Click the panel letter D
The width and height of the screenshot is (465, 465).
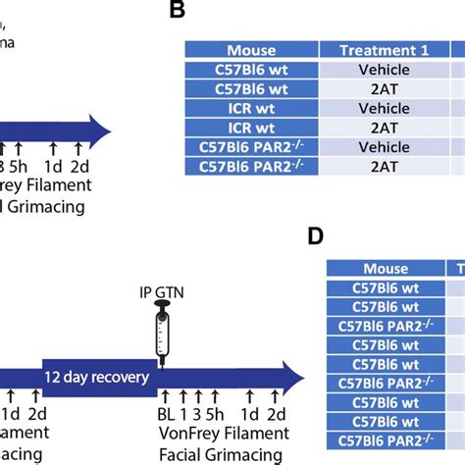click(314, 236)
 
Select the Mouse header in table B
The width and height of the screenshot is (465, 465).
click(251, 50)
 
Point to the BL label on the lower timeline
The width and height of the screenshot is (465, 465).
click(167, 415)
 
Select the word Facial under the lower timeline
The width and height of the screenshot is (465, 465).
click(183, 455)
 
